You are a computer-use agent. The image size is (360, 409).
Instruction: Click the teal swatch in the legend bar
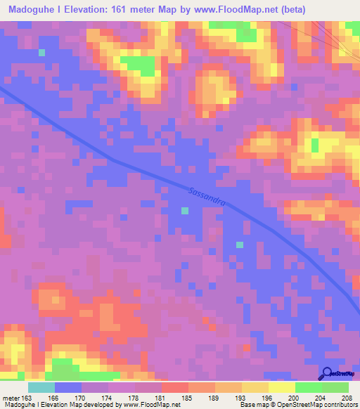[41, 387]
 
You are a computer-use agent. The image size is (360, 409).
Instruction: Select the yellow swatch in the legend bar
[281, 387]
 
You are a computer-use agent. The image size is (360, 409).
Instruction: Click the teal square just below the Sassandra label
[185, 211]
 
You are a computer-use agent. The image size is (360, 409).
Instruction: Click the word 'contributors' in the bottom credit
[340, 405]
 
